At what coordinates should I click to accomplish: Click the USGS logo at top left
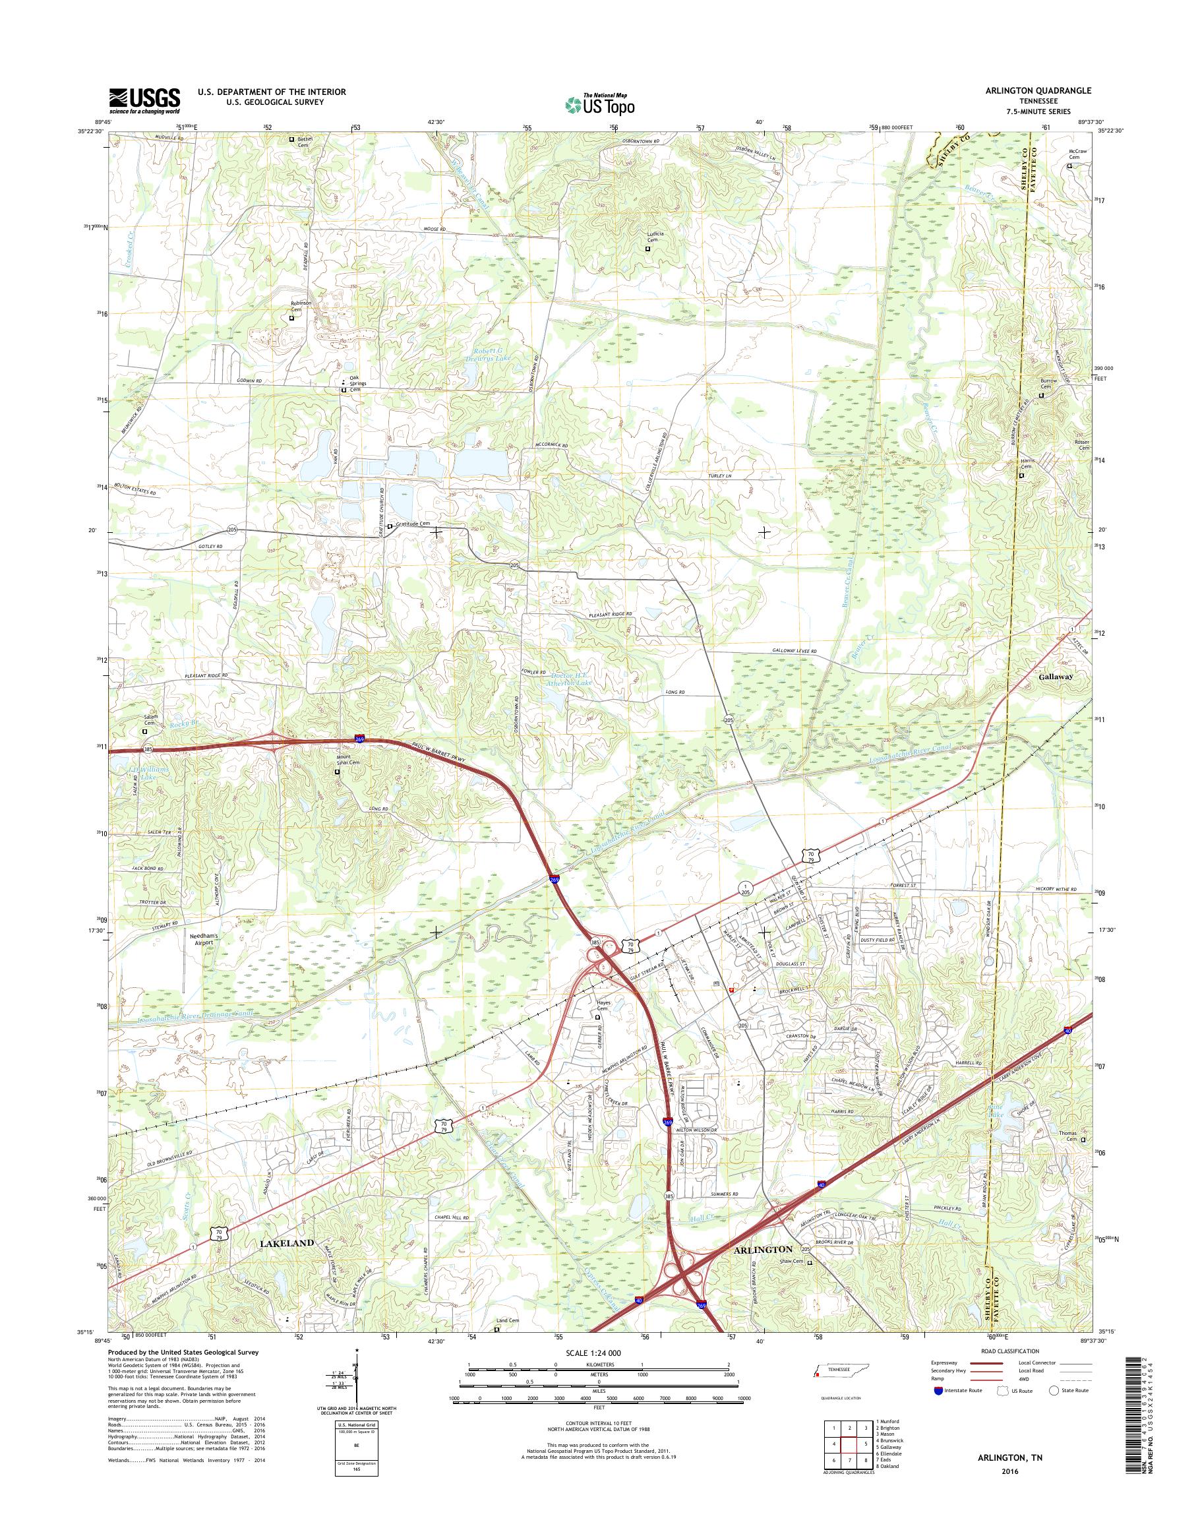(x=144, y=100)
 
